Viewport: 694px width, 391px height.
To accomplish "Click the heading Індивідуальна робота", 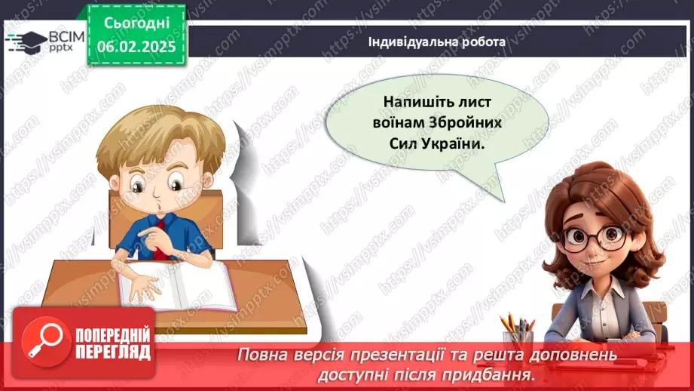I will coord(437,42).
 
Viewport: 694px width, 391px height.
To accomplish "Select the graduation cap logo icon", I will coord(24,40).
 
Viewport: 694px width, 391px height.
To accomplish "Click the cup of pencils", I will coord(518,332).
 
